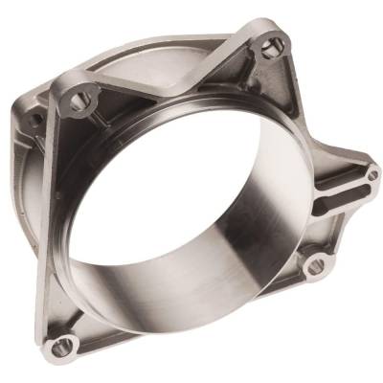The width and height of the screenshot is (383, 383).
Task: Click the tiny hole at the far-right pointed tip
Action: [x=372, y=175]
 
